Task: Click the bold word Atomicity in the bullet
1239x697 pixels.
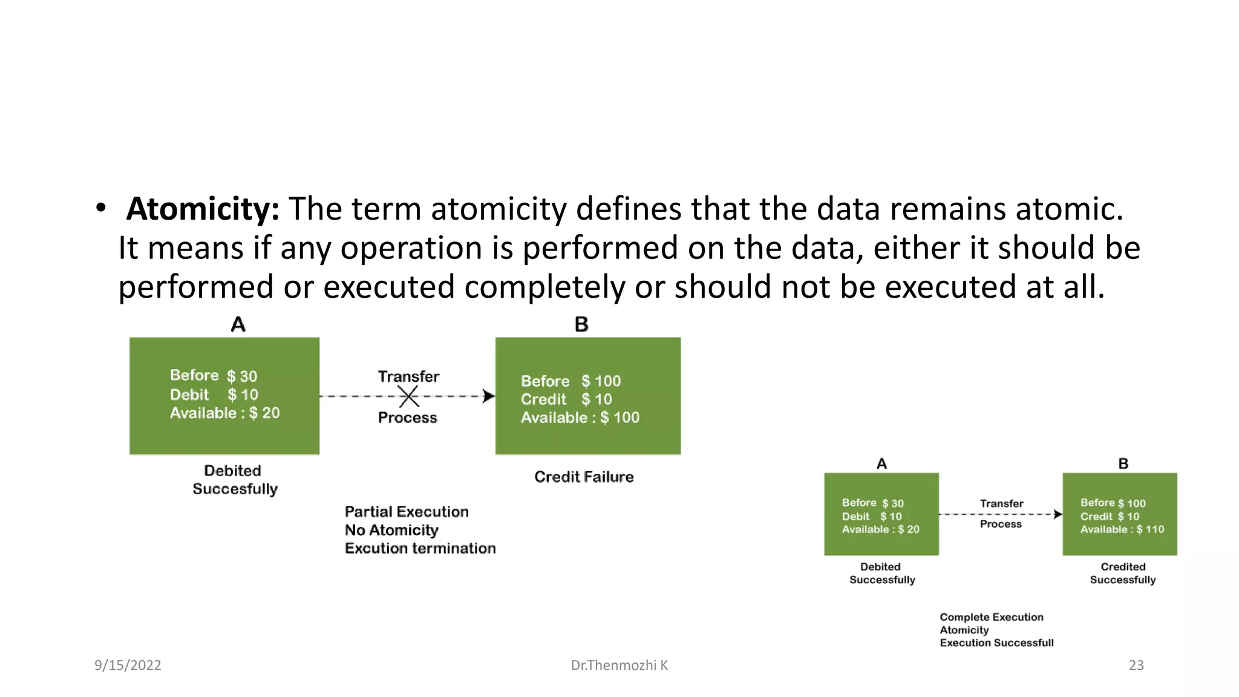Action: click(x=202, y=209)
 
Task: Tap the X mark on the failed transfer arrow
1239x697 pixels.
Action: click(x=409, y=397)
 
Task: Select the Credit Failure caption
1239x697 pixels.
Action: click(x=584, y=477)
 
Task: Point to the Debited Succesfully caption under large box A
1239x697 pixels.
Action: click(x=234, y=480)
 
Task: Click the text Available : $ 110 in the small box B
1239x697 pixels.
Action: click(x=1122, y=529)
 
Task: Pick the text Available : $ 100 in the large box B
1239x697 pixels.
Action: click(x=580, y=417)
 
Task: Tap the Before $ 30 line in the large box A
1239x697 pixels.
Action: click(x=214, y=376)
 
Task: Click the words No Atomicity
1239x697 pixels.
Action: click(x=391, y=530)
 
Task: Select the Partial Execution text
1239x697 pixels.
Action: click(x=407, y=512)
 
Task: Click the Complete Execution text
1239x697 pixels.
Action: click(x=991, y=617)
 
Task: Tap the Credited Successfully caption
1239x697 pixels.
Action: click(x=1122, y=573)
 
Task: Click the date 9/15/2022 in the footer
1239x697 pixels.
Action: click(x=128, y=665)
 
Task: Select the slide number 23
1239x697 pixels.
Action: click(x=1136, y=665)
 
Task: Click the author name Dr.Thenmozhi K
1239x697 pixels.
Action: click(x=619, y=665)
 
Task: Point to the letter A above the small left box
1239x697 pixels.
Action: click(x=881, y=464)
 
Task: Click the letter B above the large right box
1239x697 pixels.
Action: click(x=581, y=325)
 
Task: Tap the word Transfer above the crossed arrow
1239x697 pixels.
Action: click(x=408, y=376)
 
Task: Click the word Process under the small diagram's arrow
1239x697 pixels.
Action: click(x=1001, y=524)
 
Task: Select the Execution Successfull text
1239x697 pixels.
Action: click(x=996, y=643)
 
